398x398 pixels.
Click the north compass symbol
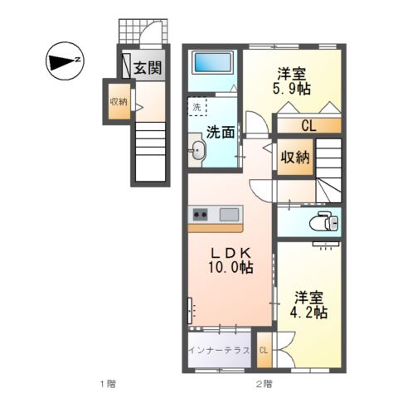point(65,61)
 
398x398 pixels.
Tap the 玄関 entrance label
point(148,67)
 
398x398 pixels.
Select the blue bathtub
point(213,62)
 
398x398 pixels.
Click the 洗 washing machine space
point(197,106)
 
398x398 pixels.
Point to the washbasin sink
point(197,150)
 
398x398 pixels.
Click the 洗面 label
point(221,132)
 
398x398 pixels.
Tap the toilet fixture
point(324,221)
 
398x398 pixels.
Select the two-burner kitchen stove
point(200,214)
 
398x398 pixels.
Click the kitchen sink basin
point(229,214)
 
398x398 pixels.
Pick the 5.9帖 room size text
point(292,89)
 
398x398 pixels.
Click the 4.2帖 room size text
point(308,313)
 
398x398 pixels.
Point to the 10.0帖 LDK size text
point(231,267)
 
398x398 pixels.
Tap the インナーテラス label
point(219,351)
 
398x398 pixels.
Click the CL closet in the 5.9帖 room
point(309,126)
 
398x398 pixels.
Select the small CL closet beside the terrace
point(264,350)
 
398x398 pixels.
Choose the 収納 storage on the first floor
point(119,101)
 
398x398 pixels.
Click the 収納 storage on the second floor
point(295,157)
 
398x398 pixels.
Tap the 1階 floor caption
point(108,384)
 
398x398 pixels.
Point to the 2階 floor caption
point(264,384)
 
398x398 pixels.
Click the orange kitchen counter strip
point(216,228)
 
